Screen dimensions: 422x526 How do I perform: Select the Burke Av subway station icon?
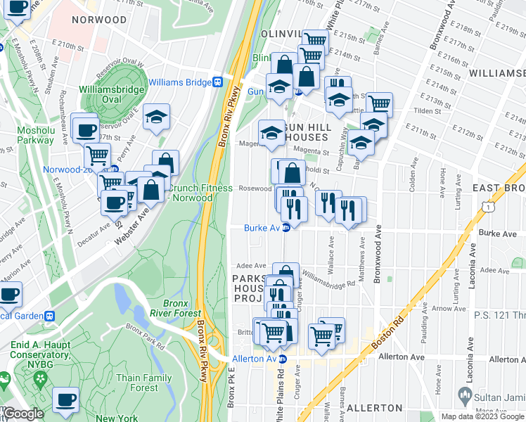point(286,227)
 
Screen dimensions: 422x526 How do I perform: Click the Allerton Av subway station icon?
point(283,359)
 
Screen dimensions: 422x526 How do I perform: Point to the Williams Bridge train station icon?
point(219,82)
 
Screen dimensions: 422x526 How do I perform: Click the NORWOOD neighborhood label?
point(99,20)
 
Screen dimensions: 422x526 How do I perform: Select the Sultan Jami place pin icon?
point(463,395)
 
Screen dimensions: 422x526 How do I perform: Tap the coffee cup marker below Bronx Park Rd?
point(66,399)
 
